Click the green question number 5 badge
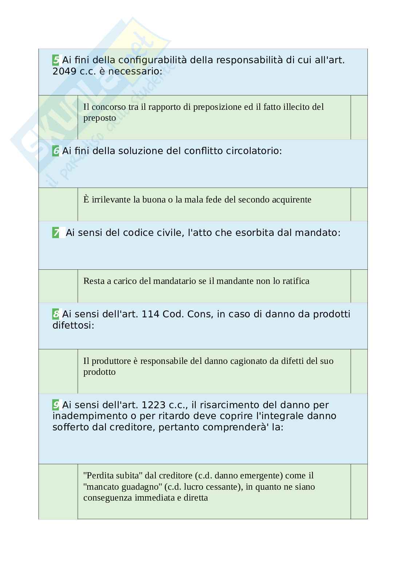click(56, 60)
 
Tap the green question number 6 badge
click(56, 151)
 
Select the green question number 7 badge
click(56, 233)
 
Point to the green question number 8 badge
click(56, 314)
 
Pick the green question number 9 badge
click(56, 405)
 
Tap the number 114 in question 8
click(150, 314)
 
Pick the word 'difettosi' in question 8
click(73, 325)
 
